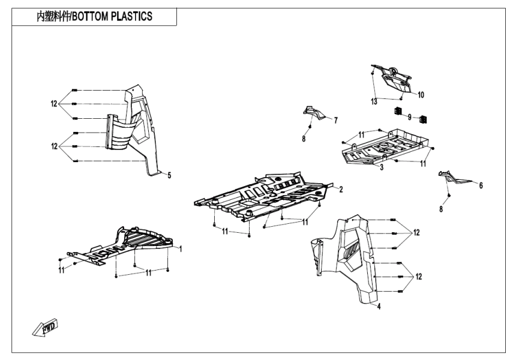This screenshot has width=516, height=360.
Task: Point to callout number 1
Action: point(181,247)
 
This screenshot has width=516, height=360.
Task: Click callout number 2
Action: point(340,190)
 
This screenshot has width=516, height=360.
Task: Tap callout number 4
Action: point(379,305)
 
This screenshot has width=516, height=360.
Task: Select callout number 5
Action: point(169,175)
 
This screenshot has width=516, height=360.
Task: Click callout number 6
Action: point(481,185)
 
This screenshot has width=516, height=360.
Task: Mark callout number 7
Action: point(335,120)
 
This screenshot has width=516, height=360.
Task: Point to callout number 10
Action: point(421,95)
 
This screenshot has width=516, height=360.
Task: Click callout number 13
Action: point(374,101)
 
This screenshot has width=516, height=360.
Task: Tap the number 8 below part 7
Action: point(304,139)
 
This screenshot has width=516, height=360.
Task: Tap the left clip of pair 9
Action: point(397,112)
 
